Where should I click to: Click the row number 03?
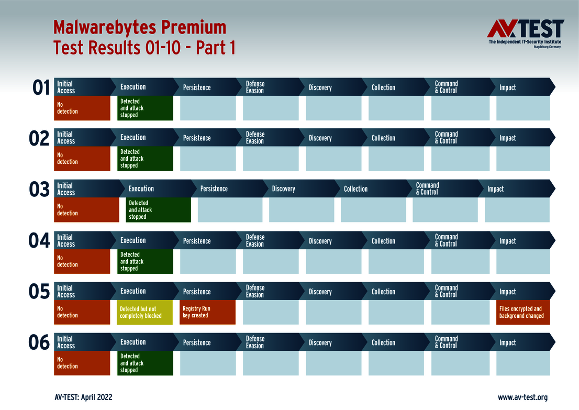click(39, 190)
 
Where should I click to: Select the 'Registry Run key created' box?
click(208, 313)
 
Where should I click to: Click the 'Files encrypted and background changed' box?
click(522, 313)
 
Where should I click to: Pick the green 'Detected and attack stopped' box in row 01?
click(145, 108)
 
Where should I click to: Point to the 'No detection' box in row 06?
click(82, 363)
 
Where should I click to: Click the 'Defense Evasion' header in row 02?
click(255, 138)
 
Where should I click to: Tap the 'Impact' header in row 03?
click(496, 189)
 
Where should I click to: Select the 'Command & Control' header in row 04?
click(447, 240)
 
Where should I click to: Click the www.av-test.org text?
click(522, 397)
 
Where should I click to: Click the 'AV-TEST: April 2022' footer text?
click(83, 397)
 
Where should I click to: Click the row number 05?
click(39, 292)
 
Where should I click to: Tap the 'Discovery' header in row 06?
click(320, 342)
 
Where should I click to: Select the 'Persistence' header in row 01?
click(197, 87)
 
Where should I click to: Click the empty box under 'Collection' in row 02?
click(396, 159)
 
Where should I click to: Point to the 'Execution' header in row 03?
click(141, 189)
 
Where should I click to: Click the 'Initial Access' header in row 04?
click(66, 240)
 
